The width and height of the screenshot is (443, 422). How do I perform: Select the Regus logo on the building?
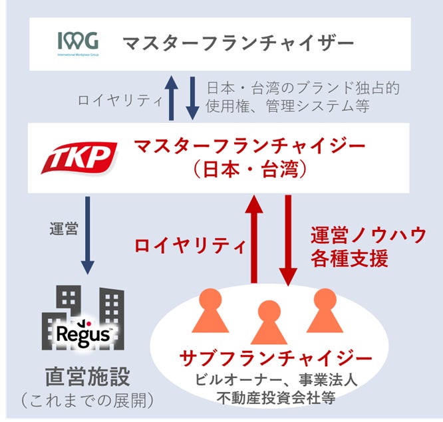click(83, 332)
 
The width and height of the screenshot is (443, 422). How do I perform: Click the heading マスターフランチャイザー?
click(237, 44)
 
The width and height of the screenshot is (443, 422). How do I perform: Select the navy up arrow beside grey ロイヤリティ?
click(172, 98)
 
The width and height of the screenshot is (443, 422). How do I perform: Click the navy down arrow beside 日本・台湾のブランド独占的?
click(192, 98)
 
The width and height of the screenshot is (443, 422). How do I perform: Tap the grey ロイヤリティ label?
click(120, 102)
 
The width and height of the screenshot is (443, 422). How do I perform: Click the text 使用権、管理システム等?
click(288, 106)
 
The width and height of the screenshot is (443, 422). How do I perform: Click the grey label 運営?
click(64, 230)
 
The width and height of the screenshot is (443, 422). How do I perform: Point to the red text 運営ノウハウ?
click(369, 235)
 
